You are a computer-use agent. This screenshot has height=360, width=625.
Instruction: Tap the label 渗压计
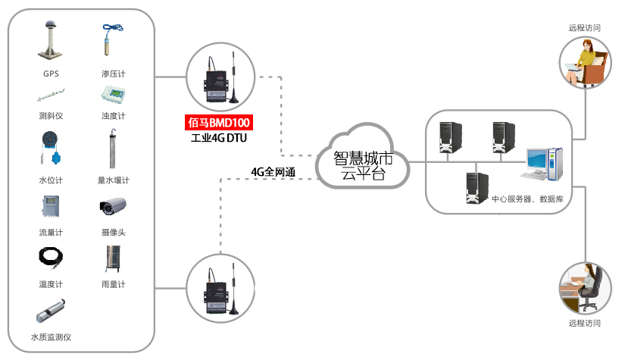pyautogui.click(x=113, y=74)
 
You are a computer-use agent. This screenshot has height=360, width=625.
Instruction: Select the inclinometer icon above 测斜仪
pyautogui.click(x=51, y=96)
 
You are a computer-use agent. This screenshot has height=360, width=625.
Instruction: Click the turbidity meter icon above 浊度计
pyautogui.click(x=113, y=95)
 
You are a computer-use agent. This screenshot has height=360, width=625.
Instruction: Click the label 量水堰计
pyautogui.click(x=113, y=180)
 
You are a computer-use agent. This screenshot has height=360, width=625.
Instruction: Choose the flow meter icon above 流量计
pyautogui.click(x=51, y=207)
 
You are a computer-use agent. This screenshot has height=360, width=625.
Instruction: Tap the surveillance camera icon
pyautogui.click(x=113, y=206)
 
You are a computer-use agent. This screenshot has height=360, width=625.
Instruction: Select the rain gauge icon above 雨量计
pyautogui.click(x=113, y=258)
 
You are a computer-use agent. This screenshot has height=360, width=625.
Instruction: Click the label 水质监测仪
pyautogui.click(x=51, y=337)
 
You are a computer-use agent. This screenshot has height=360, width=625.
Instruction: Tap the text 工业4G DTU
pyautogui.click(x=219, y=138)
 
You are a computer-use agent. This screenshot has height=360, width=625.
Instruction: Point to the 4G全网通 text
pyautogui.click(x=273, y=171)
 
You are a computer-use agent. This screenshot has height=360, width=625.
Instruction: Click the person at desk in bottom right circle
pyautogui.click(x=585, y=288)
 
